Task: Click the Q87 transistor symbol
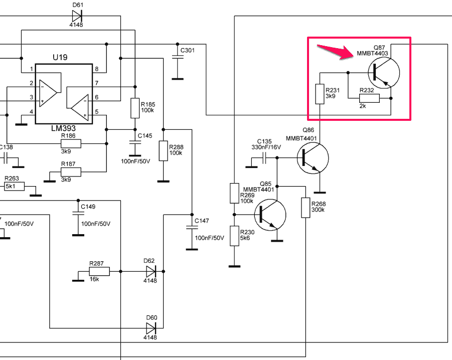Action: tap(384, 73)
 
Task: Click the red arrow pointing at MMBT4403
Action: tap(335, 51)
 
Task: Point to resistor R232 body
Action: tap(369, 98)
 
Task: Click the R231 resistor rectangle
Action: tap(320, 94)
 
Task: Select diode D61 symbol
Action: tap(77, 16)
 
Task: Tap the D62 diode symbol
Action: tap(151, 271)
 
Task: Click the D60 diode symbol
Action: tap(151, 328)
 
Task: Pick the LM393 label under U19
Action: tap(63, 128)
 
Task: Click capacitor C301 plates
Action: tap(178, 57)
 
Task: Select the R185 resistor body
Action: tap(135, 108)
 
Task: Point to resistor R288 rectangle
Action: tap(164, 150)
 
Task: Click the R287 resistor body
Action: tap(99, 271)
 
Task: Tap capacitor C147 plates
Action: tap(192, 227)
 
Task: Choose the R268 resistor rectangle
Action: tap(306, 208)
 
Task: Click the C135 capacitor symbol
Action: tap(264, 158)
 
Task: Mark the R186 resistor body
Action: tap(71, 143)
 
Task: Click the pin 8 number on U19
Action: tap(96, 69)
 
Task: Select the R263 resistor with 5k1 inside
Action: tap(14, 187)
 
